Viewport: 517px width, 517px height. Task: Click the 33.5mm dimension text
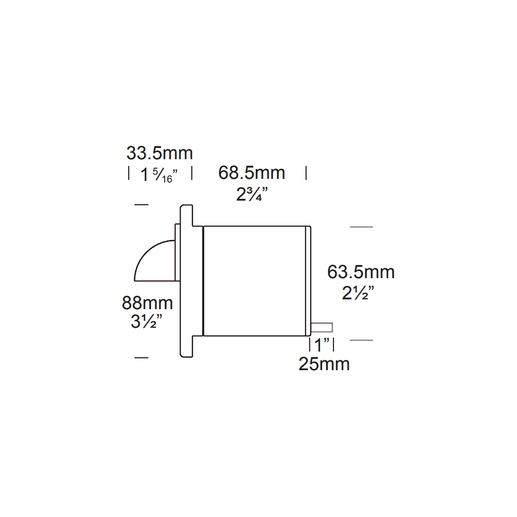pos(159,154)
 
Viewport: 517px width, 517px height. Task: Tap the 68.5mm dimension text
pos(251,173)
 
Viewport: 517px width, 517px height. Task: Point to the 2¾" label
pos(252,195)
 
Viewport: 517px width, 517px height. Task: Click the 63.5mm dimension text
pos(361,272)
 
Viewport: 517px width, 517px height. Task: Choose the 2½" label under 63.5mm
pos(358,294)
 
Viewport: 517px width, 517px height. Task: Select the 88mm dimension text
pos(147,302)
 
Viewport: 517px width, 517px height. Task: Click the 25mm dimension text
pos(324,364)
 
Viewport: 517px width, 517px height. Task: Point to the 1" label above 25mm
pos(322,344)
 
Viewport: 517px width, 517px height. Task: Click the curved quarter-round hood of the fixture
pos(154,263)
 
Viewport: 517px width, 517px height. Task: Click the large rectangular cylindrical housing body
pos(255,281)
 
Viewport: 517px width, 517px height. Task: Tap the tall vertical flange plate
pos(186,281)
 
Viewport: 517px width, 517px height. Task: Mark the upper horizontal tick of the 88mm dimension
pos(141,205)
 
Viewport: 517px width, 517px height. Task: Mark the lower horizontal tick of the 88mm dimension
pos(141,357)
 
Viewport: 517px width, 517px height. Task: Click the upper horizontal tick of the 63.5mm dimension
pos(361,227)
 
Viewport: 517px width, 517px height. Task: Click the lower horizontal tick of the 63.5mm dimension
pos(361,340)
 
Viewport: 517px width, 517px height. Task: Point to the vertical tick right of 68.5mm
pos(306,173)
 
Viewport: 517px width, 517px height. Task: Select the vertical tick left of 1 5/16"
pos(129,173)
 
